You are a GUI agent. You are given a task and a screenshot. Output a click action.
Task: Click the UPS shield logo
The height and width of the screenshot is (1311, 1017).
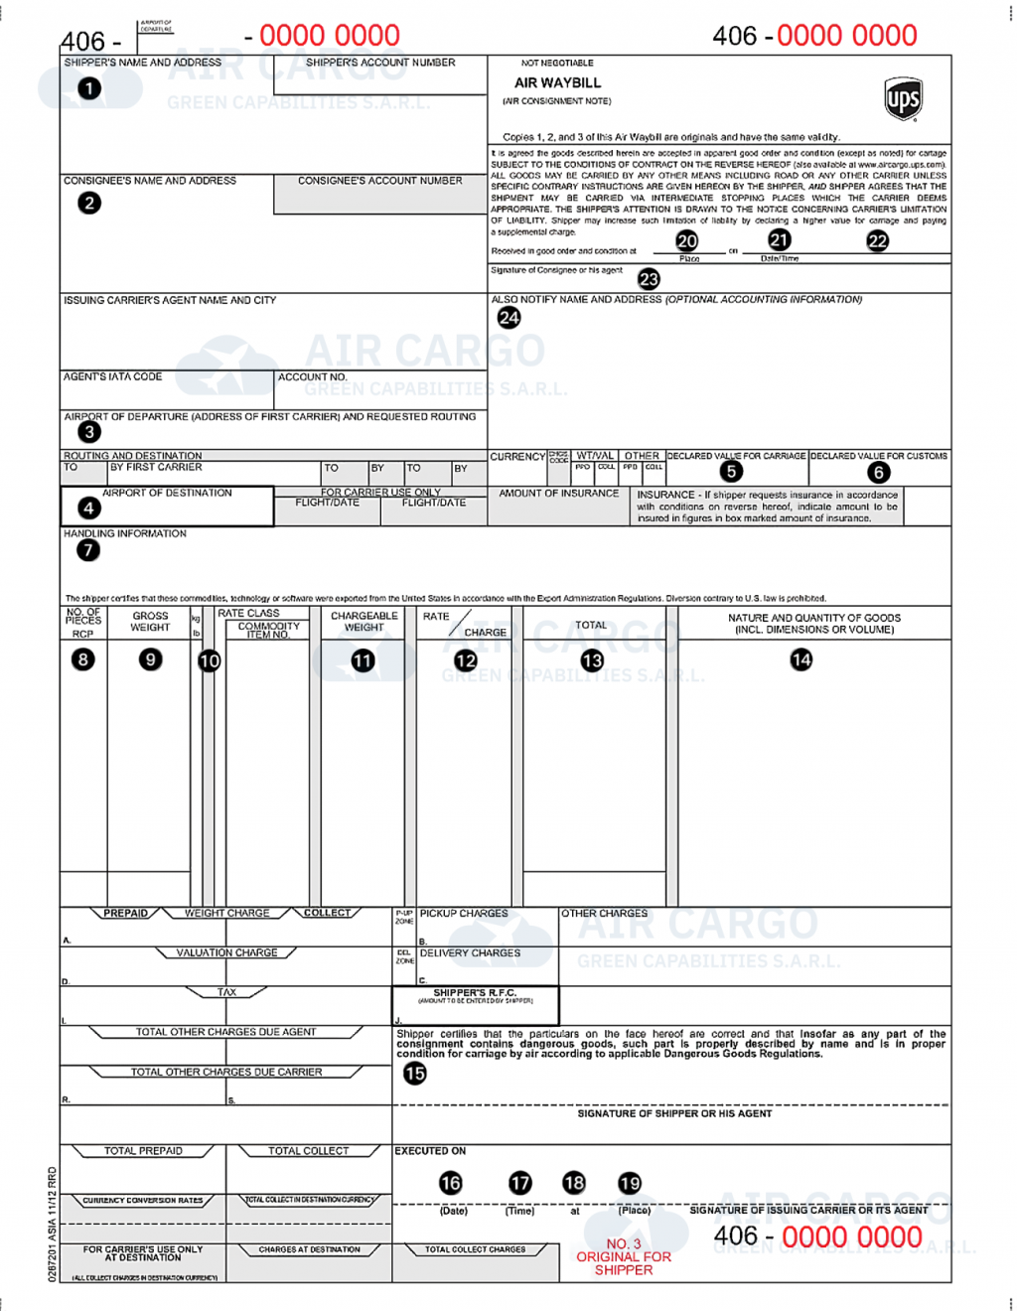[x=903, y=99]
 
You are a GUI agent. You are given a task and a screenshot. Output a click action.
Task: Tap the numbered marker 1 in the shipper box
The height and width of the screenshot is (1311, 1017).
[x=89, y=88]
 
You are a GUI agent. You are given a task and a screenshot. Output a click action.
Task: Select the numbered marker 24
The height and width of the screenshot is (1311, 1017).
[x=508, y=318]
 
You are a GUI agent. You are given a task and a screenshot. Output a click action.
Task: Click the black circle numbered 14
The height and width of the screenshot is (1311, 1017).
[x=800, y=659]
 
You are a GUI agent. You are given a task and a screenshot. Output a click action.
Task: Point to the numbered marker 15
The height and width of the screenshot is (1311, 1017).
[x=414, y=1073]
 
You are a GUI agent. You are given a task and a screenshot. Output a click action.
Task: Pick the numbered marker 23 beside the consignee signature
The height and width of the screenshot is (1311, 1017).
[x=649, y=279]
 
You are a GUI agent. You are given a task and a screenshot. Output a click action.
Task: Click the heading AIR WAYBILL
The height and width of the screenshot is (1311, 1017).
[x=557, y=83]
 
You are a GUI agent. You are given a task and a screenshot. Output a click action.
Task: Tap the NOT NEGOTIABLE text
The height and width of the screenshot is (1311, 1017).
[x=557, y=63]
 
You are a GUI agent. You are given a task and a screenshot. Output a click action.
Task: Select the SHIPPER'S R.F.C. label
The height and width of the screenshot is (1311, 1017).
[x=475, y=993]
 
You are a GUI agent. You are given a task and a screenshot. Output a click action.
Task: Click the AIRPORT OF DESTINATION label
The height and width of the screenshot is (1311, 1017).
[x=167, y=493]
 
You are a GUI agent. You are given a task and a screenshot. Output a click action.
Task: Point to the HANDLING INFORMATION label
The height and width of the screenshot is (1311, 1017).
[x=125, y=534]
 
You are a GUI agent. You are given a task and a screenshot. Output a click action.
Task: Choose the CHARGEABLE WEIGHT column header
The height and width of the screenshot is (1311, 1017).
[x=363, y=622]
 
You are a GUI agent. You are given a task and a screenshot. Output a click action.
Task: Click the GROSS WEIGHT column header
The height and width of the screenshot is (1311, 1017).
[x=150, y=622]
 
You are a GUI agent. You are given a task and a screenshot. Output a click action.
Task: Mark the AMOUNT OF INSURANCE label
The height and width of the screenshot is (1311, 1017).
[x=558, y=494]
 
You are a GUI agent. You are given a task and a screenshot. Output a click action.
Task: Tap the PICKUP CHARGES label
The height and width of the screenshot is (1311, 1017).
[x=463, y=914]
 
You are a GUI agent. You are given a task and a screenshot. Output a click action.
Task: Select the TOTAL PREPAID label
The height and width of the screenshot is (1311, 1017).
[x=143, y=1151]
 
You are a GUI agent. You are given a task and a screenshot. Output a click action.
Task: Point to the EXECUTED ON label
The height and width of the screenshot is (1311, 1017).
[x=430, y=1151]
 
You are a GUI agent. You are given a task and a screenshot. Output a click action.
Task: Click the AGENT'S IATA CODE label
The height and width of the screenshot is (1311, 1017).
[x=113, y=377]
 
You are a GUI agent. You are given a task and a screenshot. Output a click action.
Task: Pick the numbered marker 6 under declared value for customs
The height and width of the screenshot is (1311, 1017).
[x=878, y=473]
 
